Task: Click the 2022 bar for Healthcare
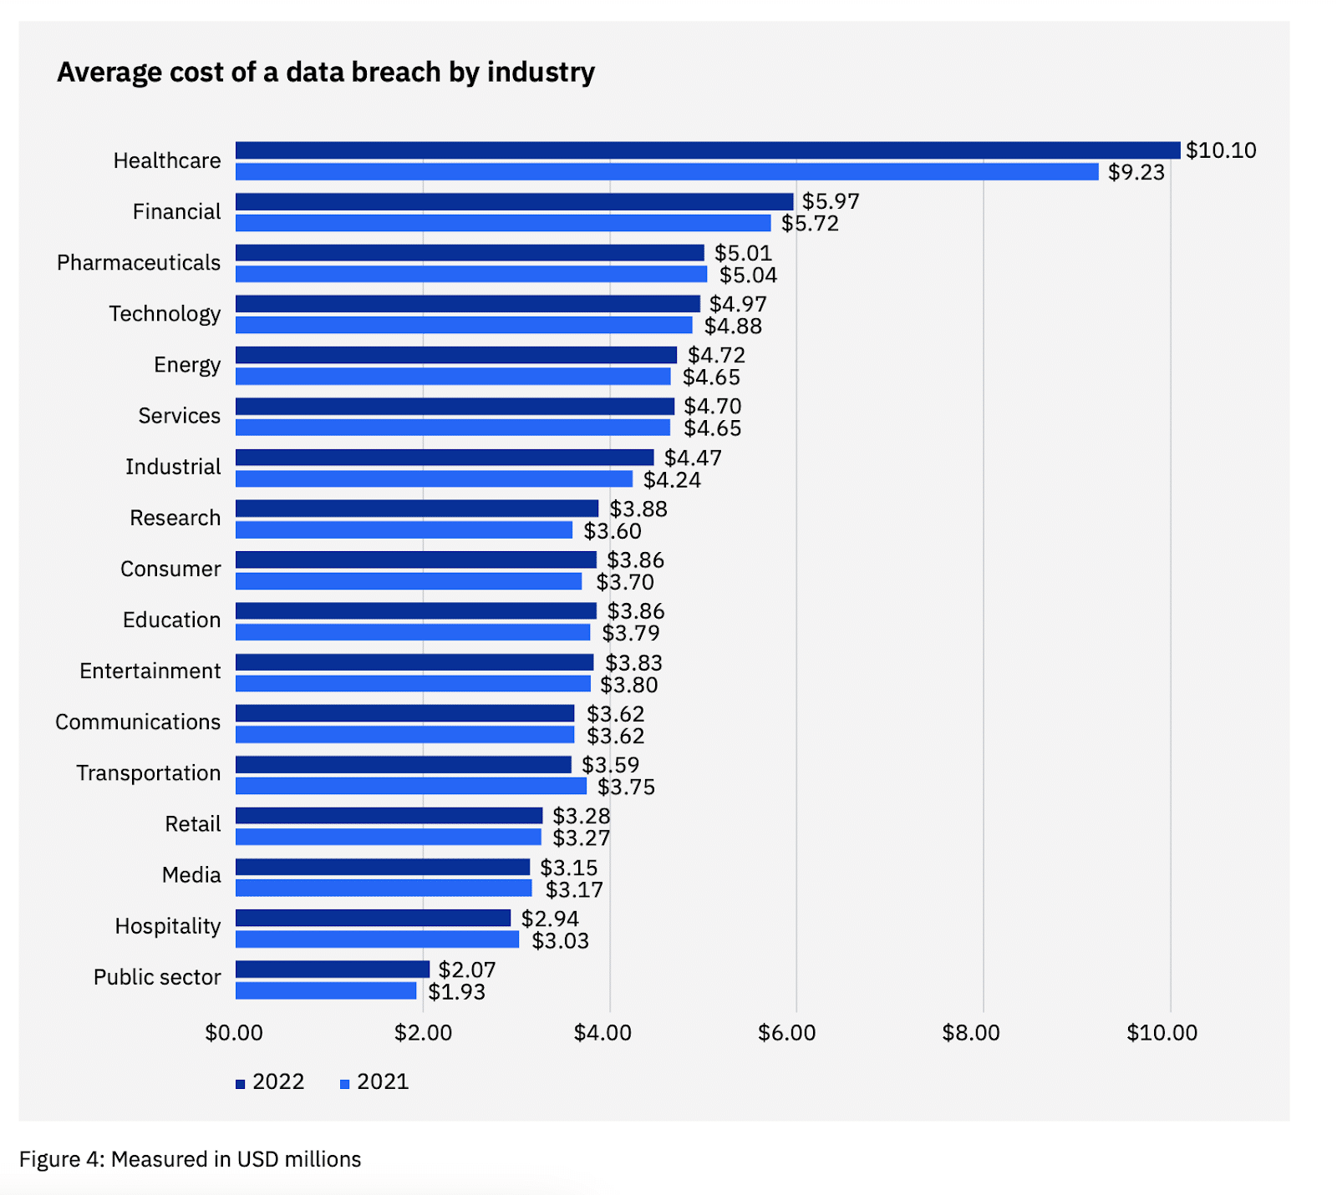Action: point(707,150)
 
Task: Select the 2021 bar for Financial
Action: point(503,223)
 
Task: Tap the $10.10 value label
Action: point(1221,150)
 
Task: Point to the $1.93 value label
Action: point(456,992)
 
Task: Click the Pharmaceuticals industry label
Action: point(139,263)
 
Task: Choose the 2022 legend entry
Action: point(270,1082)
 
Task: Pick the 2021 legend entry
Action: point(374,1082)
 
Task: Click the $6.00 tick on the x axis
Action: point(786,1033)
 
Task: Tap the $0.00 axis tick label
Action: point(234,1033)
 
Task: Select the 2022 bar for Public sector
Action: point(333,970)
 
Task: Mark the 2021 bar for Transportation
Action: point(411,786)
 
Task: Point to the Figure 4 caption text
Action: point(191,1160)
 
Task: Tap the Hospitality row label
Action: point(168,926)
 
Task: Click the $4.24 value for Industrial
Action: point(672,480)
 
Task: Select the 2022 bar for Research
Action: point(417,509)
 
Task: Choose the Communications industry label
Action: point(138,722)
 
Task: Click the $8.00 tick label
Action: point(970,1033)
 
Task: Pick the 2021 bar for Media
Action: point(384,888)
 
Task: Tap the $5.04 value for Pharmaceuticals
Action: point(748,276)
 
